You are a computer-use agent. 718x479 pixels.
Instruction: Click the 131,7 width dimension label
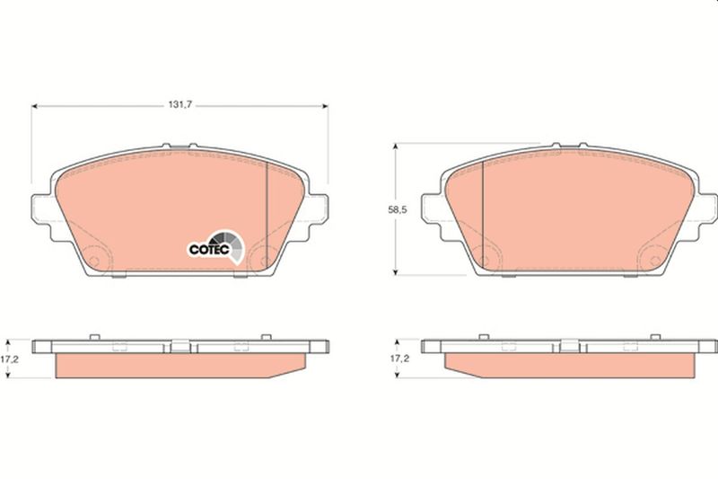(180, 105)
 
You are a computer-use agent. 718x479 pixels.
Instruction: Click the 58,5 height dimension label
(397, 210)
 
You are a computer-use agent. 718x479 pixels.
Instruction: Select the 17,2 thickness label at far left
(9, 359)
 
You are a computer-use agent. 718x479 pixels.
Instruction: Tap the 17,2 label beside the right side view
(399, 359)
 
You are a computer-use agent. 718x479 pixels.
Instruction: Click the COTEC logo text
(209, 250)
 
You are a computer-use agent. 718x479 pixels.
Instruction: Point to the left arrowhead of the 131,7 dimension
(34, 106)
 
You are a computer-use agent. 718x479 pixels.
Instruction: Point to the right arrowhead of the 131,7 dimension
(325, 106)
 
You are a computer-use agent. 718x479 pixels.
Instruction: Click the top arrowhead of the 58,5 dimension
(396, 146)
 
